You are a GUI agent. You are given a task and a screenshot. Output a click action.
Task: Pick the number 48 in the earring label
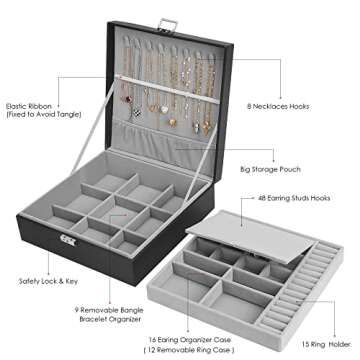(263, 199)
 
